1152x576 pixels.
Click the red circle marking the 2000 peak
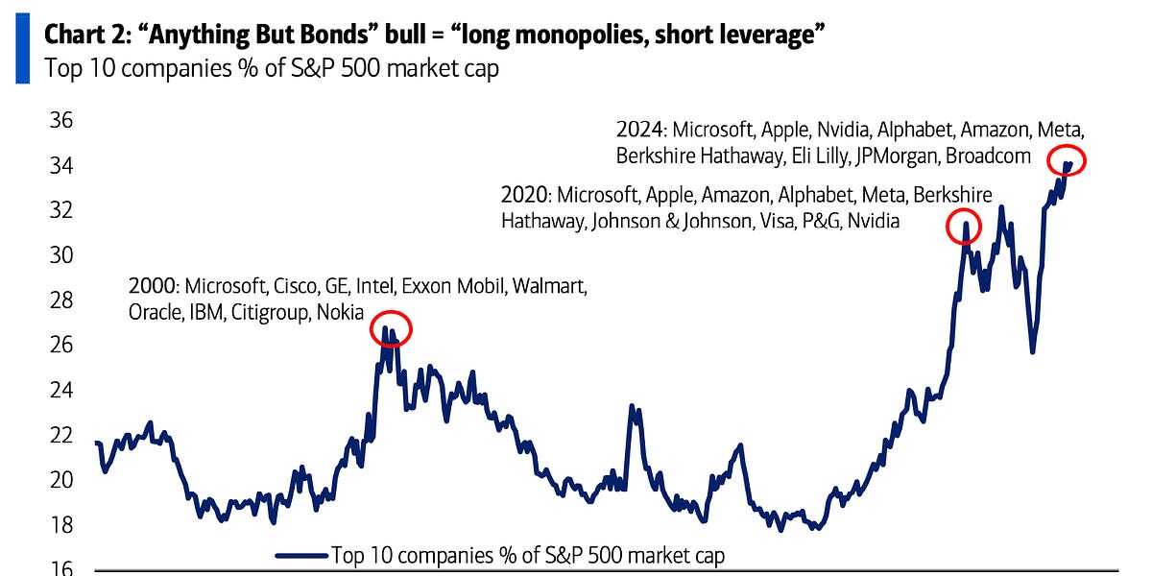pyautogui.click(x=390, y=329)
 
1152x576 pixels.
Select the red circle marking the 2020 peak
pyautogui.click(x=965, y=226)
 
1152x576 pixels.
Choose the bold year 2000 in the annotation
pyautogui.click(x=153, y=286)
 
